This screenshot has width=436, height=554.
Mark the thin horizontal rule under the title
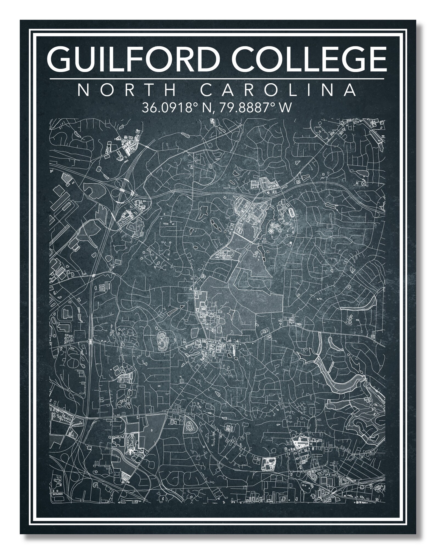[217, 79]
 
